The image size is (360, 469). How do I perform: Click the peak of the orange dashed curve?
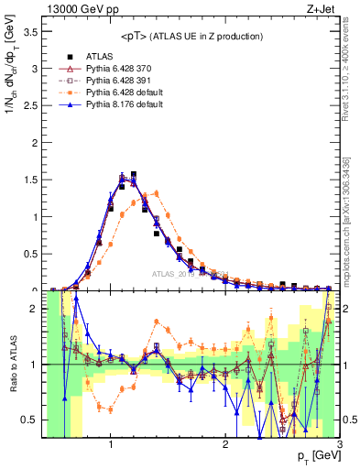157,192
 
